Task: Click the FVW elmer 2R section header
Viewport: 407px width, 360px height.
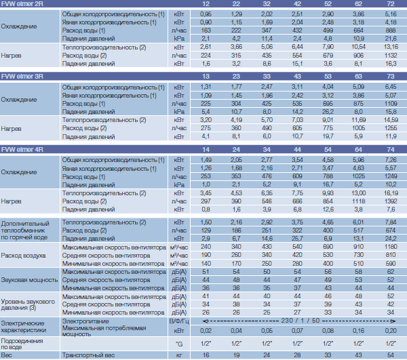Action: [22, 3]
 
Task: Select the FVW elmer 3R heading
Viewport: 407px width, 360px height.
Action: [22, 76]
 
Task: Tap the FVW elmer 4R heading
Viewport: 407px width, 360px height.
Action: [22, 149]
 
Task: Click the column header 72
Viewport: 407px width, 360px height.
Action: [391, 3]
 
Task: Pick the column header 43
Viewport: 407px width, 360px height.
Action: [297, 76]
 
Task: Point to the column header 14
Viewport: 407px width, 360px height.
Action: [206, 149]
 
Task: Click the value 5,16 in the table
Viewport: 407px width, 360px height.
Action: [391, 14]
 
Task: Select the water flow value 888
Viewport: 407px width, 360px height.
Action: [391, 31]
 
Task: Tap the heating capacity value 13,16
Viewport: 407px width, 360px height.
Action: [391, 47]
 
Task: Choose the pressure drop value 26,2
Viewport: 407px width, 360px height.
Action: [328, 112]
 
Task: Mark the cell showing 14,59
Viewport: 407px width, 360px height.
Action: [391, 120]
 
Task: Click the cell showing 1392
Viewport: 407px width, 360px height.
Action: [391, 201]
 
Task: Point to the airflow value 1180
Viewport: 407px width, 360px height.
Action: [391, 247]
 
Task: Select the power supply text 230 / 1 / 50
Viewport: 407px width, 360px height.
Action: [300, 321]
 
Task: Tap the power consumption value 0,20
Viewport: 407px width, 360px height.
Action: [391, 331]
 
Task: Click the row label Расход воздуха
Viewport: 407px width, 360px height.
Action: [23, 256]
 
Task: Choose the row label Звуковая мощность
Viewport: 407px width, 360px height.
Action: [29, 280]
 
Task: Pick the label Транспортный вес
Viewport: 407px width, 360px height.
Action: [88, 355]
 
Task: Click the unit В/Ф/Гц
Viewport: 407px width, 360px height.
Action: [179, 321]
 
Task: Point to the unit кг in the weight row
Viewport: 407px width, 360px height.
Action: [179, 355]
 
